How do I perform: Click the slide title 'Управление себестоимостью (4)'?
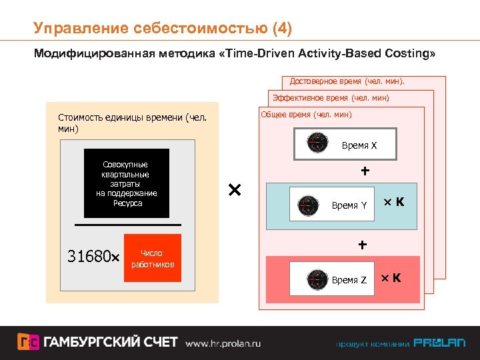pyautogui.click(x=163, y=28)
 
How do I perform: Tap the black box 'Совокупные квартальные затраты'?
pyautogui.click(x=126, y=183)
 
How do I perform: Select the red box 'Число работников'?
pyautogui.click(x=153, y=259)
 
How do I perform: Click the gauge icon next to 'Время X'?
pyautogui.click(x=317, y=143)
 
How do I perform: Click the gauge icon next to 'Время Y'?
pyautogui.click(x=307, y=205)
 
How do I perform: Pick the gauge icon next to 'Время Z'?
pyautogui.click(x=307, y=279)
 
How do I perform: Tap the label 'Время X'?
pyautogui.click(x=359, y=145)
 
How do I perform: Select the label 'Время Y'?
pyautogui.click(x=349, y=205)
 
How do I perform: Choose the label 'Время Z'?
pyautogui.click(x=349, y=280)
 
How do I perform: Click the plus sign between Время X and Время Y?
pyautogui.click(x=365, y=171)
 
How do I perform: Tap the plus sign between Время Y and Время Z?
pyautogui.click(x=362, y=245)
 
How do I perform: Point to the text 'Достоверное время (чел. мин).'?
pyautogui.click(x=347, y=82)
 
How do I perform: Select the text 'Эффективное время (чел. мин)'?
pyautogui.click(x=331, y=99)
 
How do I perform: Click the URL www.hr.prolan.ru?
pyautogui.click(x=223, y=343)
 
